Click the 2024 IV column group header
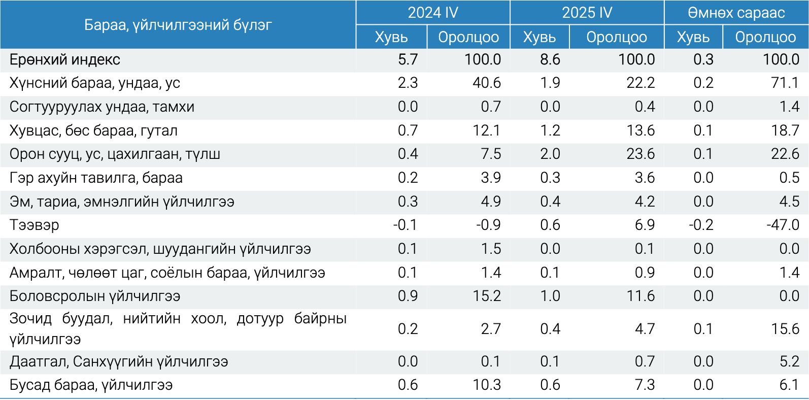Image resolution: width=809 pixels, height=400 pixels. click(432, 13)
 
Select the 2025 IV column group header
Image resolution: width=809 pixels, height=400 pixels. click(587, 13)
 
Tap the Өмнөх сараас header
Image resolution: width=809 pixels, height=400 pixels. click(736, 13)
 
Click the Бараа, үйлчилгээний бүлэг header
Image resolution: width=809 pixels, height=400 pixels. click(178, 24)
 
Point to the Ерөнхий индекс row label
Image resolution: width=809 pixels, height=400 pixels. click(65, 60)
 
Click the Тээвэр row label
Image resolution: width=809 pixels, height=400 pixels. click(34, 225)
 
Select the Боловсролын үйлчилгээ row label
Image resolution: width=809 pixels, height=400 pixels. click(95, 296)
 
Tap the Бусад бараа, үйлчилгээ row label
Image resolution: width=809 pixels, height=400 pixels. click(91, 385)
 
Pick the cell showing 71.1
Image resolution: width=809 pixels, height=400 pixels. click(785, 83)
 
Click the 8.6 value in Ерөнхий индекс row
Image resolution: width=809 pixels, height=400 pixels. click(550, 60)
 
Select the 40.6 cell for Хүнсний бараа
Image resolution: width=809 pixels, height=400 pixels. click(487, 83)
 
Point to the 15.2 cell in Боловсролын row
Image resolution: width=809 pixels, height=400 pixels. click(487, 296)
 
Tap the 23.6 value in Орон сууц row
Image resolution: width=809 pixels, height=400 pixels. click(641, 154)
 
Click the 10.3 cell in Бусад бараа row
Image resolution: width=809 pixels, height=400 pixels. click(487, 385)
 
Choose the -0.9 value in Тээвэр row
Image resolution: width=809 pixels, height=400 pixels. click(488, 225)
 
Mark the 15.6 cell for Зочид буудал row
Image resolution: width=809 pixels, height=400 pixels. click(785, 329)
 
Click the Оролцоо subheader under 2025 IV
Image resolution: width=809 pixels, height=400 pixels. click(617, 37)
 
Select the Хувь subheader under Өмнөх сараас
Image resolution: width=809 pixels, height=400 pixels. click(693, 37)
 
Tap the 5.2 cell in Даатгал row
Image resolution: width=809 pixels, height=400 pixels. click(789, 361)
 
